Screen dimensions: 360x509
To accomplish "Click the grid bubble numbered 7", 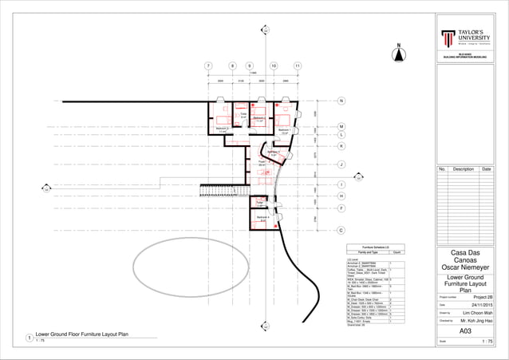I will (207, 66).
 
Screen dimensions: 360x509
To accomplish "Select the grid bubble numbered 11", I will (298, 66).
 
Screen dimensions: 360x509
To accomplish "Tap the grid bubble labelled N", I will (341, 101).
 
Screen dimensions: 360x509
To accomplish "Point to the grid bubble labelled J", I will (341, 165).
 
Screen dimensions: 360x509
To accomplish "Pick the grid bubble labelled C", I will (341, 231).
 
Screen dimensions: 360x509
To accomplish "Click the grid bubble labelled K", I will (341, 147).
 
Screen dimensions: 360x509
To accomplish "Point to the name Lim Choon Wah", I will (477, 314).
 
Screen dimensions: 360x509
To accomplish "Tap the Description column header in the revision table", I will (463, 169).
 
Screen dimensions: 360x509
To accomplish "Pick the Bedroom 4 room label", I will (262, 217).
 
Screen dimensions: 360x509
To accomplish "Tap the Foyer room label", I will (261, 164).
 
